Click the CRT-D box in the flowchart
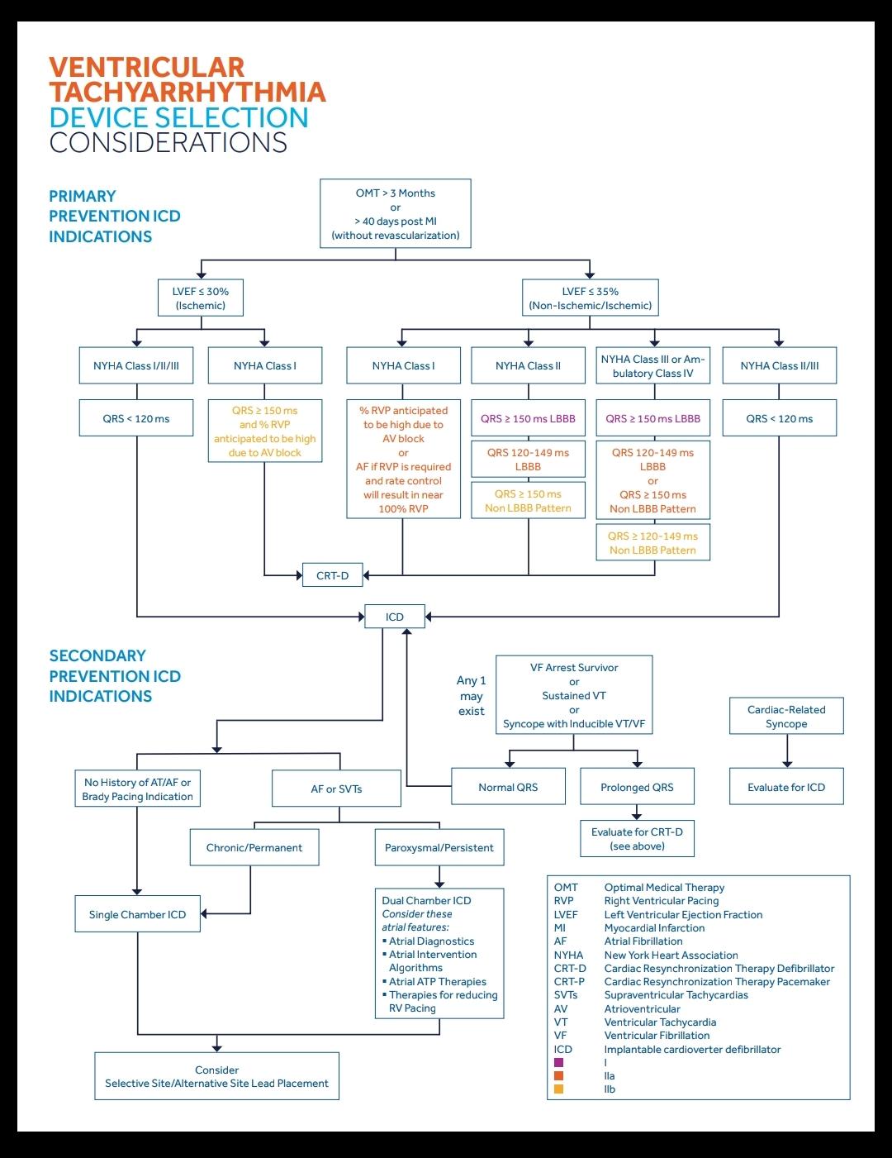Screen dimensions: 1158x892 tap(332, 575)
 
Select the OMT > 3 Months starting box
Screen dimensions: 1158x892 tap(395, 213)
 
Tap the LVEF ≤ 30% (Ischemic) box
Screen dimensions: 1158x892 tap(201, 298)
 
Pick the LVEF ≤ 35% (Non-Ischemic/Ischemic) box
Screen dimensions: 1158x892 tap(590, 298)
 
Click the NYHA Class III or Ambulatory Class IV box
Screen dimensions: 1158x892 tap(652, 366)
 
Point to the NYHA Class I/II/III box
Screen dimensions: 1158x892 tap(136, 366)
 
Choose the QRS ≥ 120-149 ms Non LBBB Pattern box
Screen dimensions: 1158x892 tap(652, 543)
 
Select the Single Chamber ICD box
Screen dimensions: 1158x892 tap(137, 914)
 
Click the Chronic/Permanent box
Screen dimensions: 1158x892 tap(254, 847)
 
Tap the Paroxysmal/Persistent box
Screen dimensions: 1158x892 tap(439, 847)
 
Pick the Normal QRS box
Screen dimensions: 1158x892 tap(508, 787)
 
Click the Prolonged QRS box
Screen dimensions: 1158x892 tap(637, 787)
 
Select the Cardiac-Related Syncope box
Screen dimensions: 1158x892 tap(786, 717)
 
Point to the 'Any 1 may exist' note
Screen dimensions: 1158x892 tap(472, 696)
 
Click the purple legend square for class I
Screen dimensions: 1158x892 tap(559, 1063)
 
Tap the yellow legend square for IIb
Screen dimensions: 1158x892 tap(559, 1089)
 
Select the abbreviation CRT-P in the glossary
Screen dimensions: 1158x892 tap(569, 982)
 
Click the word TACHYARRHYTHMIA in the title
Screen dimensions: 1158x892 tap(187, 93)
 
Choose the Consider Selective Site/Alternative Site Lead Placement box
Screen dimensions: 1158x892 tap(216, 1076)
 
